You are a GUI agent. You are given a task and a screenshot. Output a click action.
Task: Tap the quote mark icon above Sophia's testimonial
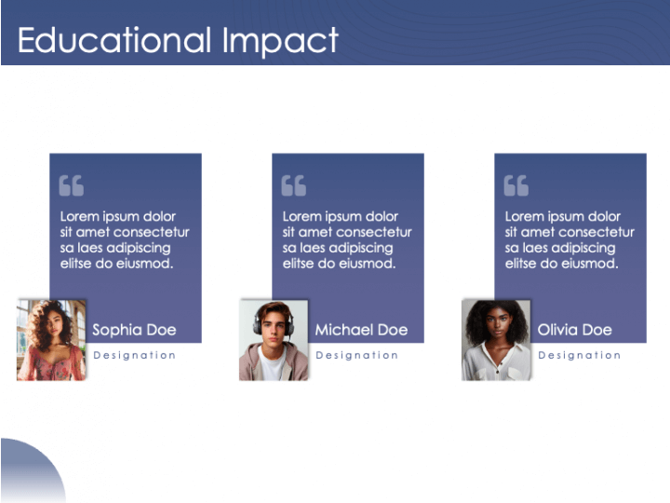pos(71,185)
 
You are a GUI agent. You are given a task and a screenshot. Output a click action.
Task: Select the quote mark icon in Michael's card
pos(293,185)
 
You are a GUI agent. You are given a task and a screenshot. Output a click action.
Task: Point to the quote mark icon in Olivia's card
pos(516,185)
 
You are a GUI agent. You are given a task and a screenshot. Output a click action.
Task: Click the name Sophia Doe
pos(134,330)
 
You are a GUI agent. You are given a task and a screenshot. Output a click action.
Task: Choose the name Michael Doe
pos(361,330)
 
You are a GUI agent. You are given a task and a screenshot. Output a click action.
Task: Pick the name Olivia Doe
pos(574,330)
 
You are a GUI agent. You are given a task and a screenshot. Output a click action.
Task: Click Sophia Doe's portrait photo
pos(51,339)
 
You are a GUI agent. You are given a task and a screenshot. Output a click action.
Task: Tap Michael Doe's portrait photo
pos(274,339)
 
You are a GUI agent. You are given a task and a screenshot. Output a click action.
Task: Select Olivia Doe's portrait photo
pos(496,339)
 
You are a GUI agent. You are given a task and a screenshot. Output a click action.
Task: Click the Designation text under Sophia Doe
pos(135,355)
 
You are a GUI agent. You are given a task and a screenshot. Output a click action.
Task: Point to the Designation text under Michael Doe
pos(357,355)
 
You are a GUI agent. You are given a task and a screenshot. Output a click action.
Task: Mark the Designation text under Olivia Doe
pos(580,355)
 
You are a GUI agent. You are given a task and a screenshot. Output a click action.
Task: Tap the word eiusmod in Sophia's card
pos(144,264)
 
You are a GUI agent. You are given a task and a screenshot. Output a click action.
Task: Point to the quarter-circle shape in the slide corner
pos(28,475)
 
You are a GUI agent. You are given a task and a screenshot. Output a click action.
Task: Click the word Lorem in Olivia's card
pos(524,216)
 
